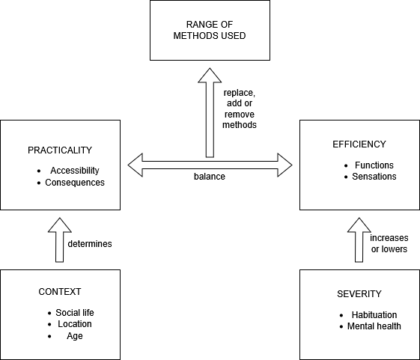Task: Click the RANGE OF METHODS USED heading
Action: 210,30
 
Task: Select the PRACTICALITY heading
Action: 60,150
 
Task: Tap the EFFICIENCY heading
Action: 359,144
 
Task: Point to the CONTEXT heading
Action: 60,292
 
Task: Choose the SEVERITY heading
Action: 359,294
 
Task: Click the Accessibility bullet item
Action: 75,171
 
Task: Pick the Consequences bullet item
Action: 75,183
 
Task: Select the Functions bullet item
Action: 374,165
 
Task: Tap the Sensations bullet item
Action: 374,177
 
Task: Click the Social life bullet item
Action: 75,313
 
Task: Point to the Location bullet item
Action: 75,324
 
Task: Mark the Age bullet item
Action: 75,336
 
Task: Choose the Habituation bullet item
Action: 374,315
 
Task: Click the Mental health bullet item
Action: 374,326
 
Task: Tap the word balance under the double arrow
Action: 210,177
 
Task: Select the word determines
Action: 90,244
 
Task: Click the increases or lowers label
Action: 389,243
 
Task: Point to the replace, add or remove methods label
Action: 240,109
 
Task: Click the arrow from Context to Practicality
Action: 60,240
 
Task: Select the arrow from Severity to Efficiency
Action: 359,240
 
